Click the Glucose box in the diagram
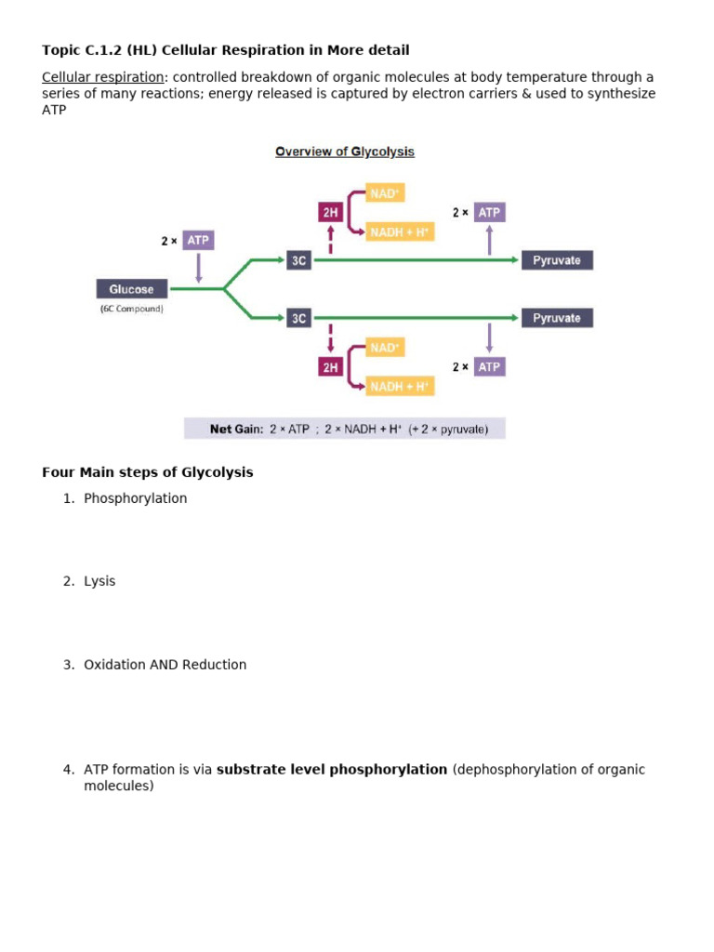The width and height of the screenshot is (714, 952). [131, 289]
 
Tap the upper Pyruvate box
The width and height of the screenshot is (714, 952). [557, 260]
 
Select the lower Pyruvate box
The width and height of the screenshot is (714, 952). [557, 318]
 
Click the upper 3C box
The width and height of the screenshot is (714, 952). [298, 260]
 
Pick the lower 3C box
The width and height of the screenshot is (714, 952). [298, 318]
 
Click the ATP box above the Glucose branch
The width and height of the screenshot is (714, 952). [198, 240]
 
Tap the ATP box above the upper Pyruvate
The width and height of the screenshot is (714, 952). [489, 212]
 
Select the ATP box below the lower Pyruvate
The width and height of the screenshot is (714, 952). [489, 366]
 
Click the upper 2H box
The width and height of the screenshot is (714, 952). [330, 212]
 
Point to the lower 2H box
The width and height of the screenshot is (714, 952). [330, 367]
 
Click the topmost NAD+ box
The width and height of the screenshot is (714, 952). [385, 193]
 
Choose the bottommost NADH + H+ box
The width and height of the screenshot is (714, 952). [400, 386]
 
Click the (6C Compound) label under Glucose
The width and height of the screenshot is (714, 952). [131, 309]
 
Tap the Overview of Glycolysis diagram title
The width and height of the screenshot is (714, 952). [345, 152]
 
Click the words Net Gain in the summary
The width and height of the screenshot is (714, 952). [236, 430]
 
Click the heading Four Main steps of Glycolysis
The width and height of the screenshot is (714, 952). [147, 472]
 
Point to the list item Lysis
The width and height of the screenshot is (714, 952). [99, 581]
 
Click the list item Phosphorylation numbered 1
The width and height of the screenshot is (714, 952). [135, 498]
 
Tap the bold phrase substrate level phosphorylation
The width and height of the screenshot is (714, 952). [332, 770]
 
